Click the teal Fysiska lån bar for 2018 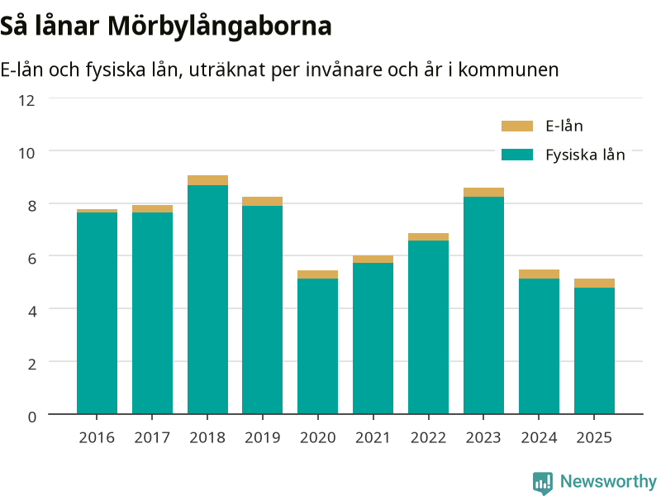point(207,299)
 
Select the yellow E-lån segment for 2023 point(483,193)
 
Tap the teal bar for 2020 point(317,346)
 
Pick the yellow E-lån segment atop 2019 point(262,201)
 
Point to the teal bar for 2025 point(594,351)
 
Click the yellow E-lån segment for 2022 point(428,237)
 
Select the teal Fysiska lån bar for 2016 point(97,313)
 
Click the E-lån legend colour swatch point(517,126)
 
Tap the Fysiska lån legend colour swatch point(517,155)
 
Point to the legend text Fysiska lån point(585,155)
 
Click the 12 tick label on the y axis point(26,100)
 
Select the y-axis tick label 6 point(31,258)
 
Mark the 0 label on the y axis point(31,417)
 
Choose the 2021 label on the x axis point(373,437)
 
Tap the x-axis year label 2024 point(539,437)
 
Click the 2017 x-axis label point(152,437)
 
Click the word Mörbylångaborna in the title point(220,26)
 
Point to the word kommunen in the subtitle point(508,69)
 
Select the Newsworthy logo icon point(543,483)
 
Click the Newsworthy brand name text point(608,481)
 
